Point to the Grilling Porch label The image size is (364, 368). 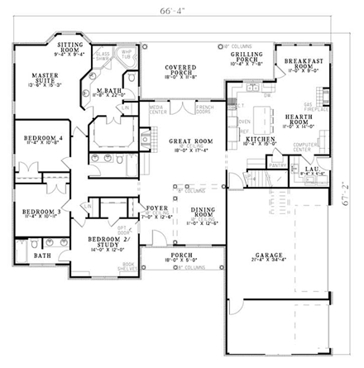247,55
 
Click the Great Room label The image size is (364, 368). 191,144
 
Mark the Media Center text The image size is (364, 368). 154,110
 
